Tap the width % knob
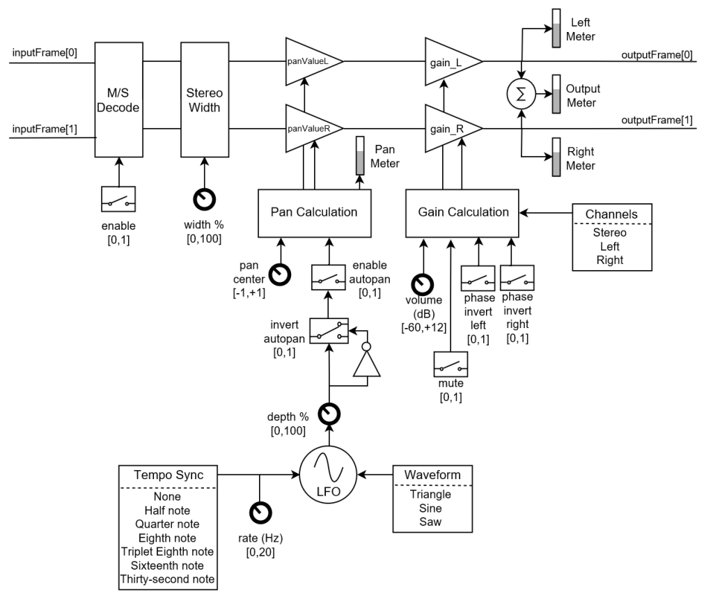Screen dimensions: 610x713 [205, 200]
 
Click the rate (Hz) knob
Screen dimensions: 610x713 [260, 513]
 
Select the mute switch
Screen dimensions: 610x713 [450, 363]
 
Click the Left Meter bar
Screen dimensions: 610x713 [557, 29]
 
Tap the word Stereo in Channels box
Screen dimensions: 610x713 [609, 233]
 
